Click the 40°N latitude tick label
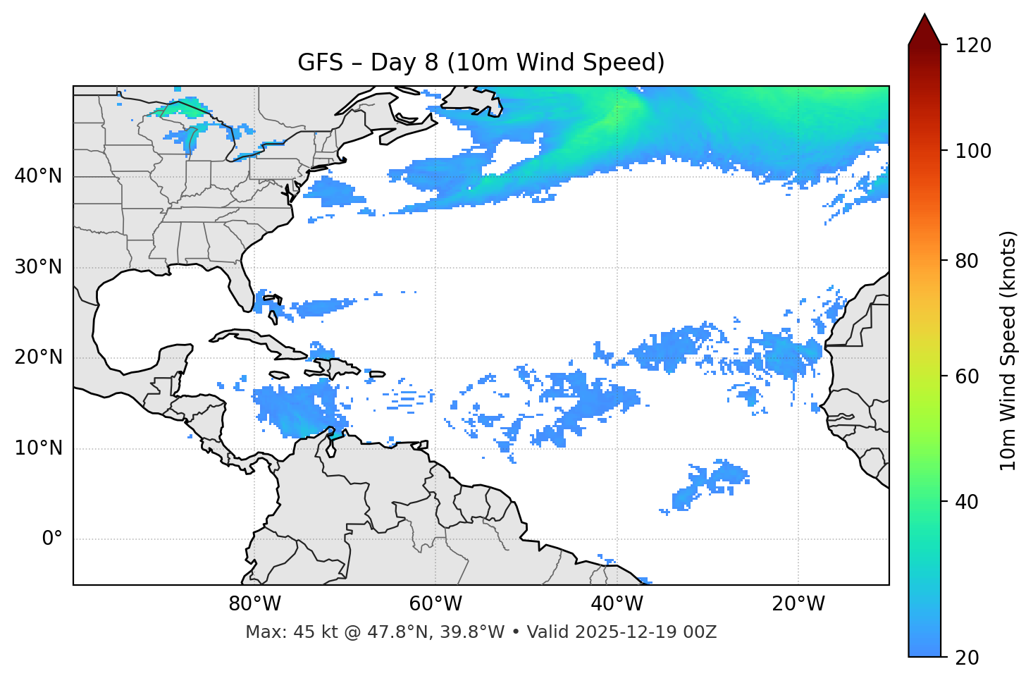tap(38, 176)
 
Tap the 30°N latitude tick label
tap(38, 267)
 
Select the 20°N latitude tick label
tap(38, 357)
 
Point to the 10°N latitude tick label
tap(38, 448)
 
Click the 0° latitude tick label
tap(52, 539)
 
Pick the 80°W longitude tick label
tap(254, 604)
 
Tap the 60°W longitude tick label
tap(435, 604)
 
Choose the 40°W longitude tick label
tap(617, 604)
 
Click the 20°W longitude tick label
tap(798, 604)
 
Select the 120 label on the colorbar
tap(973, 46)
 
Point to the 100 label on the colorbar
tap(973, 151)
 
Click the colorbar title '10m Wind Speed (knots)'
tap(1008, 350)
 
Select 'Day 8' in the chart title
tap(404, 63)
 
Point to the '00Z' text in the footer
tap(700, 632)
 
